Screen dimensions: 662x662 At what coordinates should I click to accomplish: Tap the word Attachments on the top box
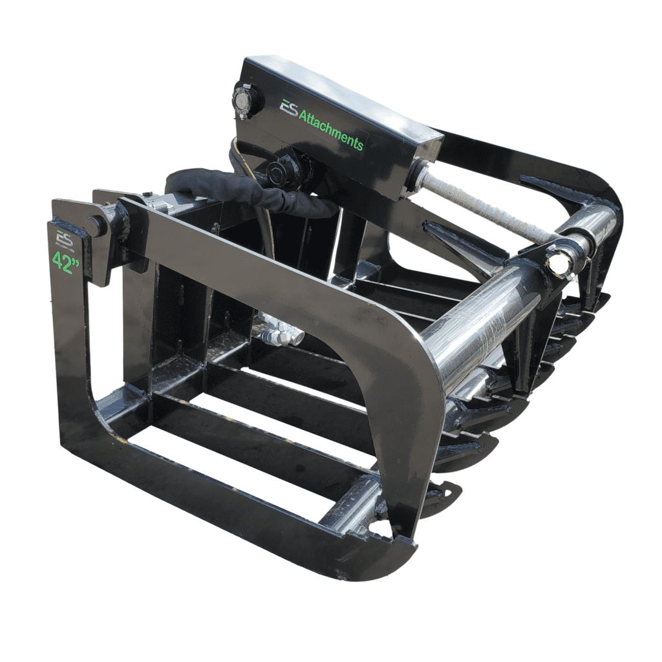(x=330, y=129)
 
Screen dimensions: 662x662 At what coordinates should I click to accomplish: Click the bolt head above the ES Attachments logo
(x=245, y=100)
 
